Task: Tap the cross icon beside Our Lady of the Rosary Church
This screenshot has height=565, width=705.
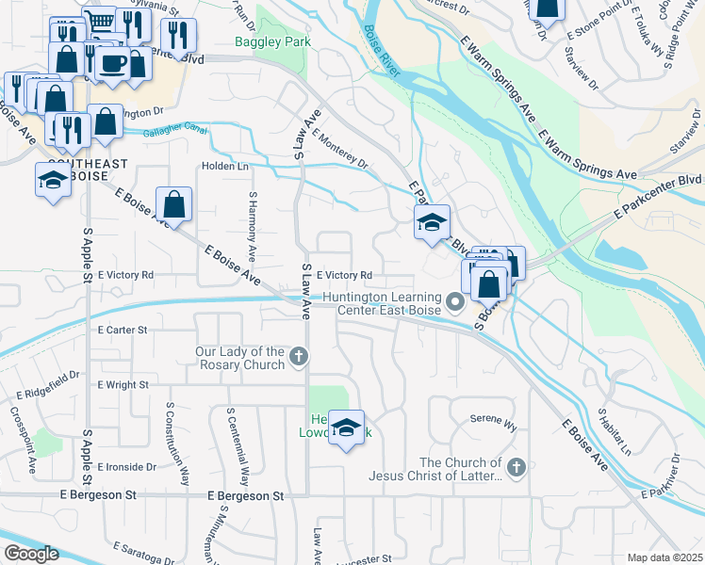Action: point(299,356)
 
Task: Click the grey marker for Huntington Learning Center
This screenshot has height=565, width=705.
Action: point(456,302)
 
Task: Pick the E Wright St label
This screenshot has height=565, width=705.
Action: point(123,384)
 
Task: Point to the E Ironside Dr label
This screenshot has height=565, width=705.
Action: point(125,466)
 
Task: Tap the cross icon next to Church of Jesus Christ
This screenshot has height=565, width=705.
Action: point(516,467)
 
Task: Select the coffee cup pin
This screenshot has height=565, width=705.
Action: point(113,63)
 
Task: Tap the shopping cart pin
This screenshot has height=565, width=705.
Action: point(99,21)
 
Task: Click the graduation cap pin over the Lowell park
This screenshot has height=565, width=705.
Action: point(347,428)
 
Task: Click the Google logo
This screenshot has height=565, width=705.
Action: point(31,554)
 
